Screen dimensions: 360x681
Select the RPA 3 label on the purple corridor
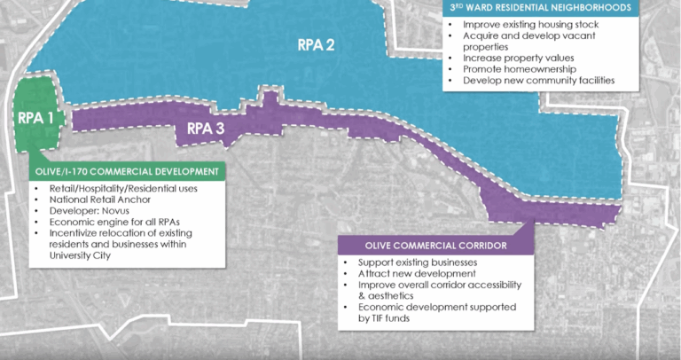205,128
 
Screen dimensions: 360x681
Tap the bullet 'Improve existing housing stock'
530,24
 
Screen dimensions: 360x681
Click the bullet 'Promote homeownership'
513,69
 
